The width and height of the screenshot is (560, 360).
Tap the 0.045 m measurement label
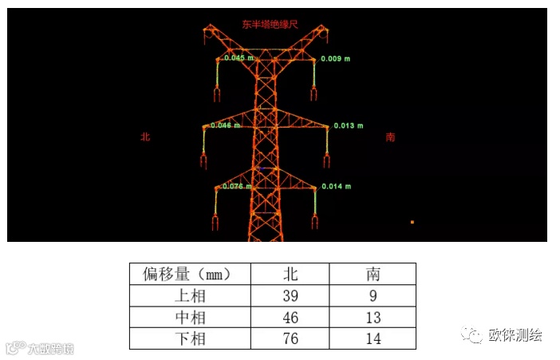point(239,57)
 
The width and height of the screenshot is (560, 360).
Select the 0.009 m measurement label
point(336,58)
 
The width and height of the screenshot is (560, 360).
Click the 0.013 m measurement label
point(348,125)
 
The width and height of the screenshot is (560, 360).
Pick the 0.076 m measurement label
point(237,186)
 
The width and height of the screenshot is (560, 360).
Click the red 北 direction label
point(145,137)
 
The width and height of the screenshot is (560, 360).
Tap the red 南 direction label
point(390,137)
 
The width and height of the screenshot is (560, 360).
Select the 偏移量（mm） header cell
point(190,275)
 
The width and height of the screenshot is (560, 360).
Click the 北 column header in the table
point(290,275)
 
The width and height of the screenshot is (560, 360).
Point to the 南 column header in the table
point(373,275)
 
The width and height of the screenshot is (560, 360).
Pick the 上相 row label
point(190,296)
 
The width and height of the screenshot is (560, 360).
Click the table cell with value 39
point(290,296)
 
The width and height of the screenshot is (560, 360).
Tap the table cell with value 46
point(290,318)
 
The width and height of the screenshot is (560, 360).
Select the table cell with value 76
point(290,339)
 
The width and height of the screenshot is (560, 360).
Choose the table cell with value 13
point(373,318)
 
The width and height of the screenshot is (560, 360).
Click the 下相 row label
point(190,339)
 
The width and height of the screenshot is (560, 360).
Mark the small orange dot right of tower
point(412,222)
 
